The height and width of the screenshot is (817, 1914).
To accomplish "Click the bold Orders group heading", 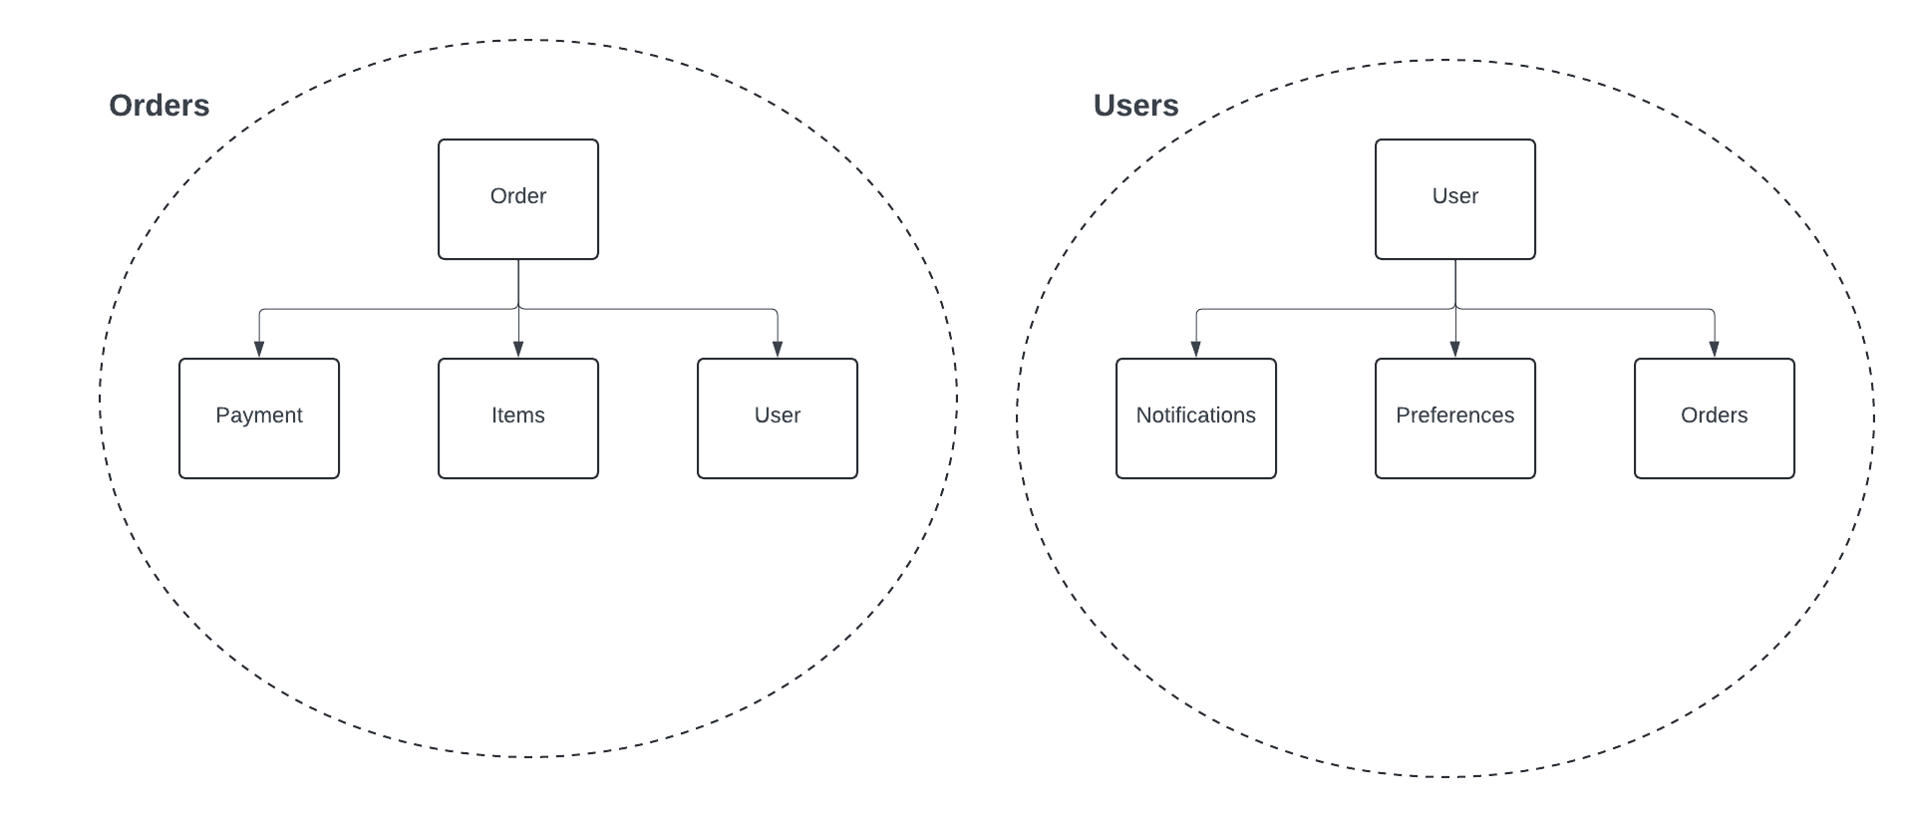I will coord(159,106).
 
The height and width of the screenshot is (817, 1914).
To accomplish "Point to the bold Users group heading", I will coord(1135,106).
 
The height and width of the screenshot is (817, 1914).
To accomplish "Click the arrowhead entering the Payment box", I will coord(259,350).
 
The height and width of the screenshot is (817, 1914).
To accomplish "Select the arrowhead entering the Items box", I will coord(518,350).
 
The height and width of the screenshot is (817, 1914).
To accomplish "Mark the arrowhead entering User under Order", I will coord(778,350).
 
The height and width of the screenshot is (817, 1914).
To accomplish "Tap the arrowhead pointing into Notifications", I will coord(1196,350).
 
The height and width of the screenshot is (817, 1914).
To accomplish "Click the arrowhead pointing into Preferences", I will coord(1455,350).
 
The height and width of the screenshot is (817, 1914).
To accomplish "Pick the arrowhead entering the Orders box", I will coord(1715,350).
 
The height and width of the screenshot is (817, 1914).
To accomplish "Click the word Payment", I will coord(258,415).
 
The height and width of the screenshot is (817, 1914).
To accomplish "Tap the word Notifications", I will coord(1195,415).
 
